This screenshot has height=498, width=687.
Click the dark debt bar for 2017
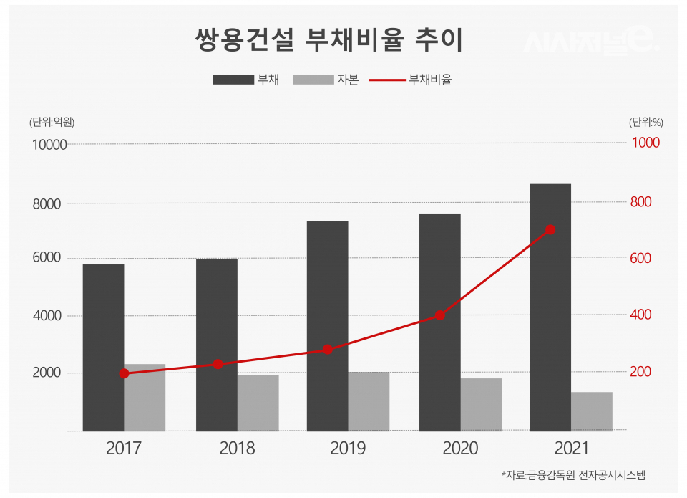point(103,348)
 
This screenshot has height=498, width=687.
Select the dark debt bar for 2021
point(550,307)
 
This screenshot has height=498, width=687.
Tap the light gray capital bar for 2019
point(369,401)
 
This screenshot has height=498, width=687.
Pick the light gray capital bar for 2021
point(592,411)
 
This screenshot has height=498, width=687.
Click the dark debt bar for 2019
point(328,326)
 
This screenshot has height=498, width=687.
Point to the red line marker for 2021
point(550,230)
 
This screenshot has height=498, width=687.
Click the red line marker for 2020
point(440,315)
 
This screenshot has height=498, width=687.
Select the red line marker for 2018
point(218,364)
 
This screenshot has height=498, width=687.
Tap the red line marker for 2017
point(124,373)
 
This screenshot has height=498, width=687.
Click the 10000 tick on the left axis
point(49,145)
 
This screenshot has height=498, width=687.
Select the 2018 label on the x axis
point(237,449)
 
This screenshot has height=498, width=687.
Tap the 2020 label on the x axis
point(461,449)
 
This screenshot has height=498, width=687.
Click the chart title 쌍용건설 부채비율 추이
point(329,41)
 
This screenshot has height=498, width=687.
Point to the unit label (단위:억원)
point(52,122)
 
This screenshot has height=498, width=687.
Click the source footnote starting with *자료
point(573,475)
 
